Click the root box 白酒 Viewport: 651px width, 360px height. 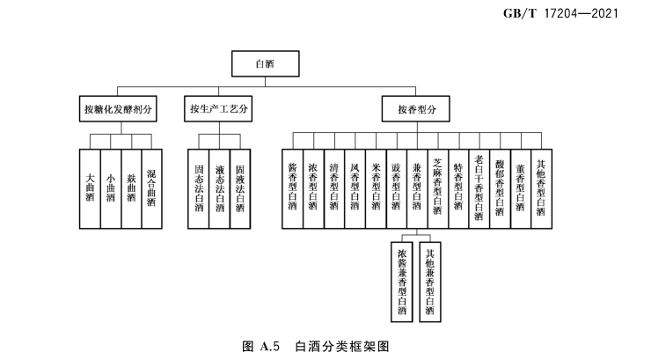(265, 63)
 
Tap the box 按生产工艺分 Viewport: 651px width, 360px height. (219, 109)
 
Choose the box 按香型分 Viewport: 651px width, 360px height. (417, 109)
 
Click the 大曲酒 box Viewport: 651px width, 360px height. (89, 187)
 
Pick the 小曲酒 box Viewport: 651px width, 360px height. (110, 187)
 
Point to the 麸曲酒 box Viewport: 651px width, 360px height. (130, 187)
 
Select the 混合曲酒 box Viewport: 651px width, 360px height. (151, 187)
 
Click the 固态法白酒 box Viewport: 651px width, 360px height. (199, 187)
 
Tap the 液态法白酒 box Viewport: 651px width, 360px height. (219, 187)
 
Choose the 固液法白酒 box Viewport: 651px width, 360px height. (240, 187)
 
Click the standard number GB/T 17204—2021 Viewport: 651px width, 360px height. (572, 14)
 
